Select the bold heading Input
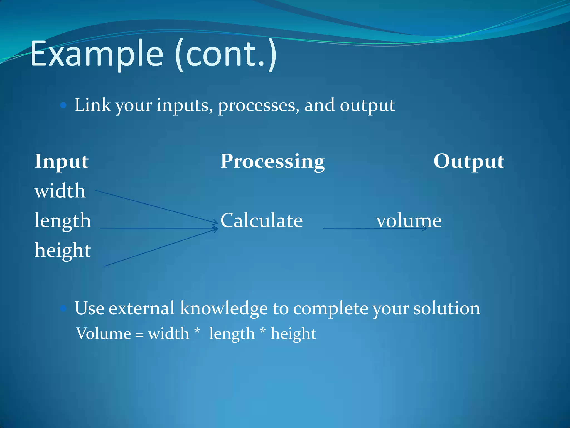pyautogui.click(x=62, y=161)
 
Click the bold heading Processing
pyautogui.click(x=272, y=161)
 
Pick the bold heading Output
pyautogui.click(x=469, y=161)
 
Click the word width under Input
pyautogui.click(x=60, y=191)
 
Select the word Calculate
pyautogui.click(x=261, y=220)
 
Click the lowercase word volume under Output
pyautogui.click(x=409, y=220)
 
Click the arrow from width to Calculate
pyautogui.click(x=156, y=207)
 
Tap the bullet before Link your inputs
pyautogui.click(x=63, y=105)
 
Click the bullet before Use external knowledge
pyautogui.click(x=63, y=308)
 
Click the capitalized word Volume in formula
pyautogui.click(x=103, y=334)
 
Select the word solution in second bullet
pyautogui.click(x=446, y=308)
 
